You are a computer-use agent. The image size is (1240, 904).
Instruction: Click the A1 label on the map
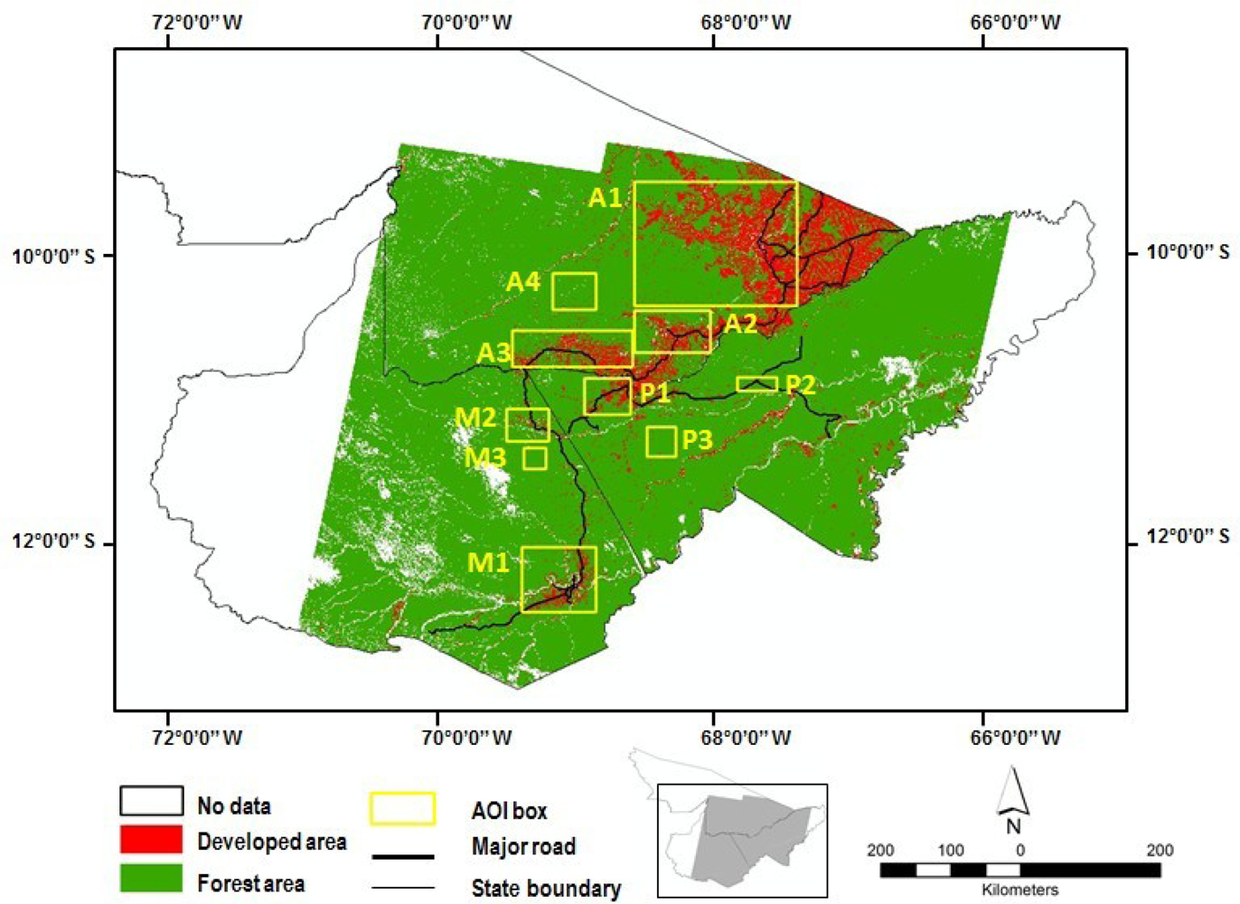coord(606,198)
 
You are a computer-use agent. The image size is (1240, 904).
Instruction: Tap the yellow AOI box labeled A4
coord(574,291)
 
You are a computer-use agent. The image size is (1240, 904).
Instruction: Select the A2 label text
coord(740,324)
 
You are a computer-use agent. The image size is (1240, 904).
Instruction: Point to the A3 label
coord(493,352)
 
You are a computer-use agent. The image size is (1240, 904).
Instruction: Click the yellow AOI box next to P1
coord(607,397)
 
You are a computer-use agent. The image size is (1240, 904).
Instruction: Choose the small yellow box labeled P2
coord(756,384)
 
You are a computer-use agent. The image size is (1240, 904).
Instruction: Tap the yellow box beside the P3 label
coord(662,441)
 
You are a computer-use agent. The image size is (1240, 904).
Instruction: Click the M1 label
coord(488,562)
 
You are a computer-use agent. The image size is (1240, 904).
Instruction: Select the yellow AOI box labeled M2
coord(528,425)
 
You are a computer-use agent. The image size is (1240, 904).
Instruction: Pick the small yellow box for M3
coord(535,458)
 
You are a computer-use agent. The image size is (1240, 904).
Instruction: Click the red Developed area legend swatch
coord(151,841)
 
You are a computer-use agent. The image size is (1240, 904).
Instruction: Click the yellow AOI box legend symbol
coord(402,808)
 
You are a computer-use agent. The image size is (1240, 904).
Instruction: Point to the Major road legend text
coord(523,847)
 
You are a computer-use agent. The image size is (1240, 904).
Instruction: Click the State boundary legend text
coord(546,889)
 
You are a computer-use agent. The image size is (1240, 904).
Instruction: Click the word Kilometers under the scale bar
coord(1019,890)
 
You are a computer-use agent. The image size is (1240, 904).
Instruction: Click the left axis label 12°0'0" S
coord(52,541)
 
